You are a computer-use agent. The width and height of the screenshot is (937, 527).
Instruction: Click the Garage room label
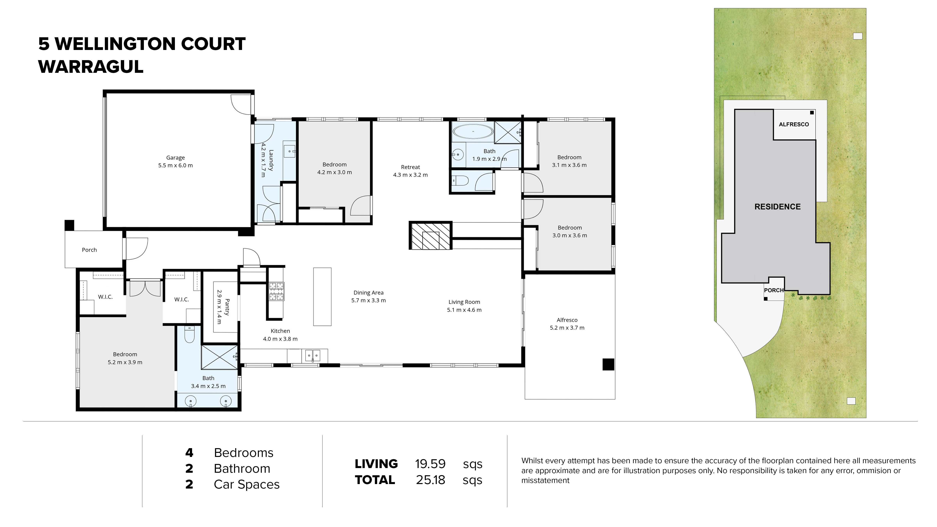pyautogui.click(x=175, y=158)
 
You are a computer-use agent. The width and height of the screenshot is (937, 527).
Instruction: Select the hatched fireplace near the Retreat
pyautogui.click(x=430, y=236)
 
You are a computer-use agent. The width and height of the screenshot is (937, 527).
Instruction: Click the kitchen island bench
pyautogui.click(x=322, y=297)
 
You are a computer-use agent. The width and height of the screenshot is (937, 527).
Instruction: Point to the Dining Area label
pyautogui.click(x=368, y=292)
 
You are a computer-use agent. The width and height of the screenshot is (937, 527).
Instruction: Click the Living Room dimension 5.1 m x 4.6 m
pyautogui.click(x=464, y=310)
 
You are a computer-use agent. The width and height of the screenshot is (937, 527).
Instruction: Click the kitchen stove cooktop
pyautogui.click(x=276, y=291)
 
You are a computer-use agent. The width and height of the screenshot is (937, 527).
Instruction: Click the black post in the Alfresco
pyautogui.click(x=608, y=364)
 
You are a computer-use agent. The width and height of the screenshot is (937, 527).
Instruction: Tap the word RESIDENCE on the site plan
pyautogui.click(x=777, y=207)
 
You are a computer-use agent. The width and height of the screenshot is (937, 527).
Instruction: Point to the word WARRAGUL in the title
pyautogui.click(x=91, y=67)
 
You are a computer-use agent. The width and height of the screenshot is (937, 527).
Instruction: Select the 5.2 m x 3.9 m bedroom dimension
pyautogui.click(x=125, y=362)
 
